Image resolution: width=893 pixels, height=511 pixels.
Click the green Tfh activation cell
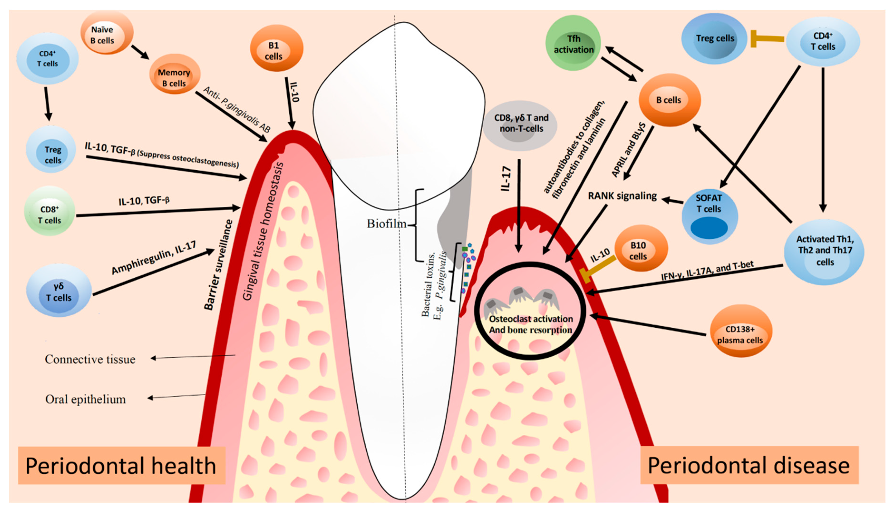pyautogui.click(x=573, y=43)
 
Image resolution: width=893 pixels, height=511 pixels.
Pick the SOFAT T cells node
pyautogui.click(x=709, y=215)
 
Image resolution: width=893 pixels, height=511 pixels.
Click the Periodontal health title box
pyautogui.click(x=121, y=465)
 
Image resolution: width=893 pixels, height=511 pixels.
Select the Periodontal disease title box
pyautogui.click(x=749, y=465)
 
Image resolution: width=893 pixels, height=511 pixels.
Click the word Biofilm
pyautogui.click(x=386, y=224)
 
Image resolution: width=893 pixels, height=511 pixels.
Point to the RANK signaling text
pyautogui.click(x=622, y=196)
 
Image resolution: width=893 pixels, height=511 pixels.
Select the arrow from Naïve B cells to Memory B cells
pyautogui.click(x=140, y=52)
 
